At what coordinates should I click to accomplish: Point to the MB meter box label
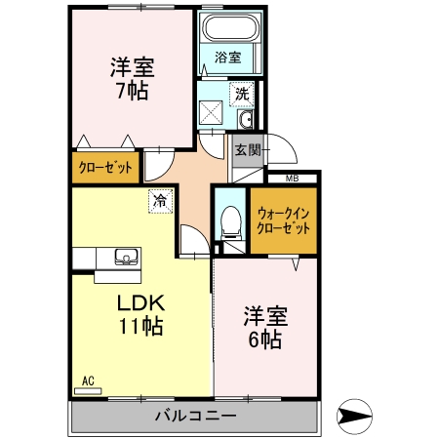pos(292,178)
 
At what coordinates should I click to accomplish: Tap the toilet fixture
pos(230,224)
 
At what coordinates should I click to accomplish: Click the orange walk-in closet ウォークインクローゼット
pos(283,220)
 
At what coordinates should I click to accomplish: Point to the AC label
pos(87,379)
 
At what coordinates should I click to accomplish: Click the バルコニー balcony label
pos(194,417)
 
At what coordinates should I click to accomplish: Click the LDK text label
pos(142,301)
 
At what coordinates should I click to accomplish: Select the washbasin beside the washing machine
pos(245,120)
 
